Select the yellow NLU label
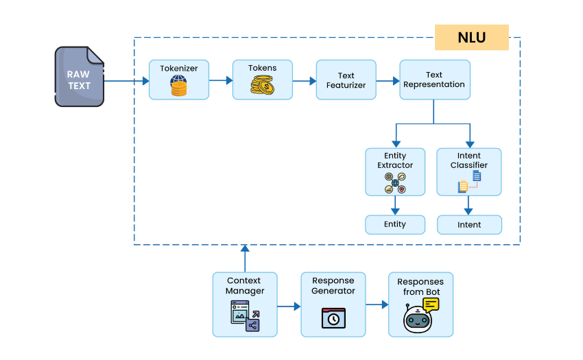point(471,38)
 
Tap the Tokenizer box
point(179,80)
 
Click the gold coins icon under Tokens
point(262,86)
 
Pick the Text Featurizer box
point(346,80)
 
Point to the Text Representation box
point(434,80)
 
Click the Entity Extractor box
point(395,171)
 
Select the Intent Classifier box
point(469,171)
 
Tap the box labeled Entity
point(395,224)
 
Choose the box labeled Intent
point(469,224)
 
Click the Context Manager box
point(245,304)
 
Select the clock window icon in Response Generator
point(333,318)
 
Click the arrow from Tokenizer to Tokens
point(220,80)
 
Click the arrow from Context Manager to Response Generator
point(289,304)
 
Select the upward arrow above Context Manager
point(245,258)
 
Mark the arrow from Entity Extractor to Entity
point(395,205)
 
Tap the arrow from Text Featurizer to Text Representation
point(388,80)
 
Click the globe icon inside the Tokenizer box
point(178,81)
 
